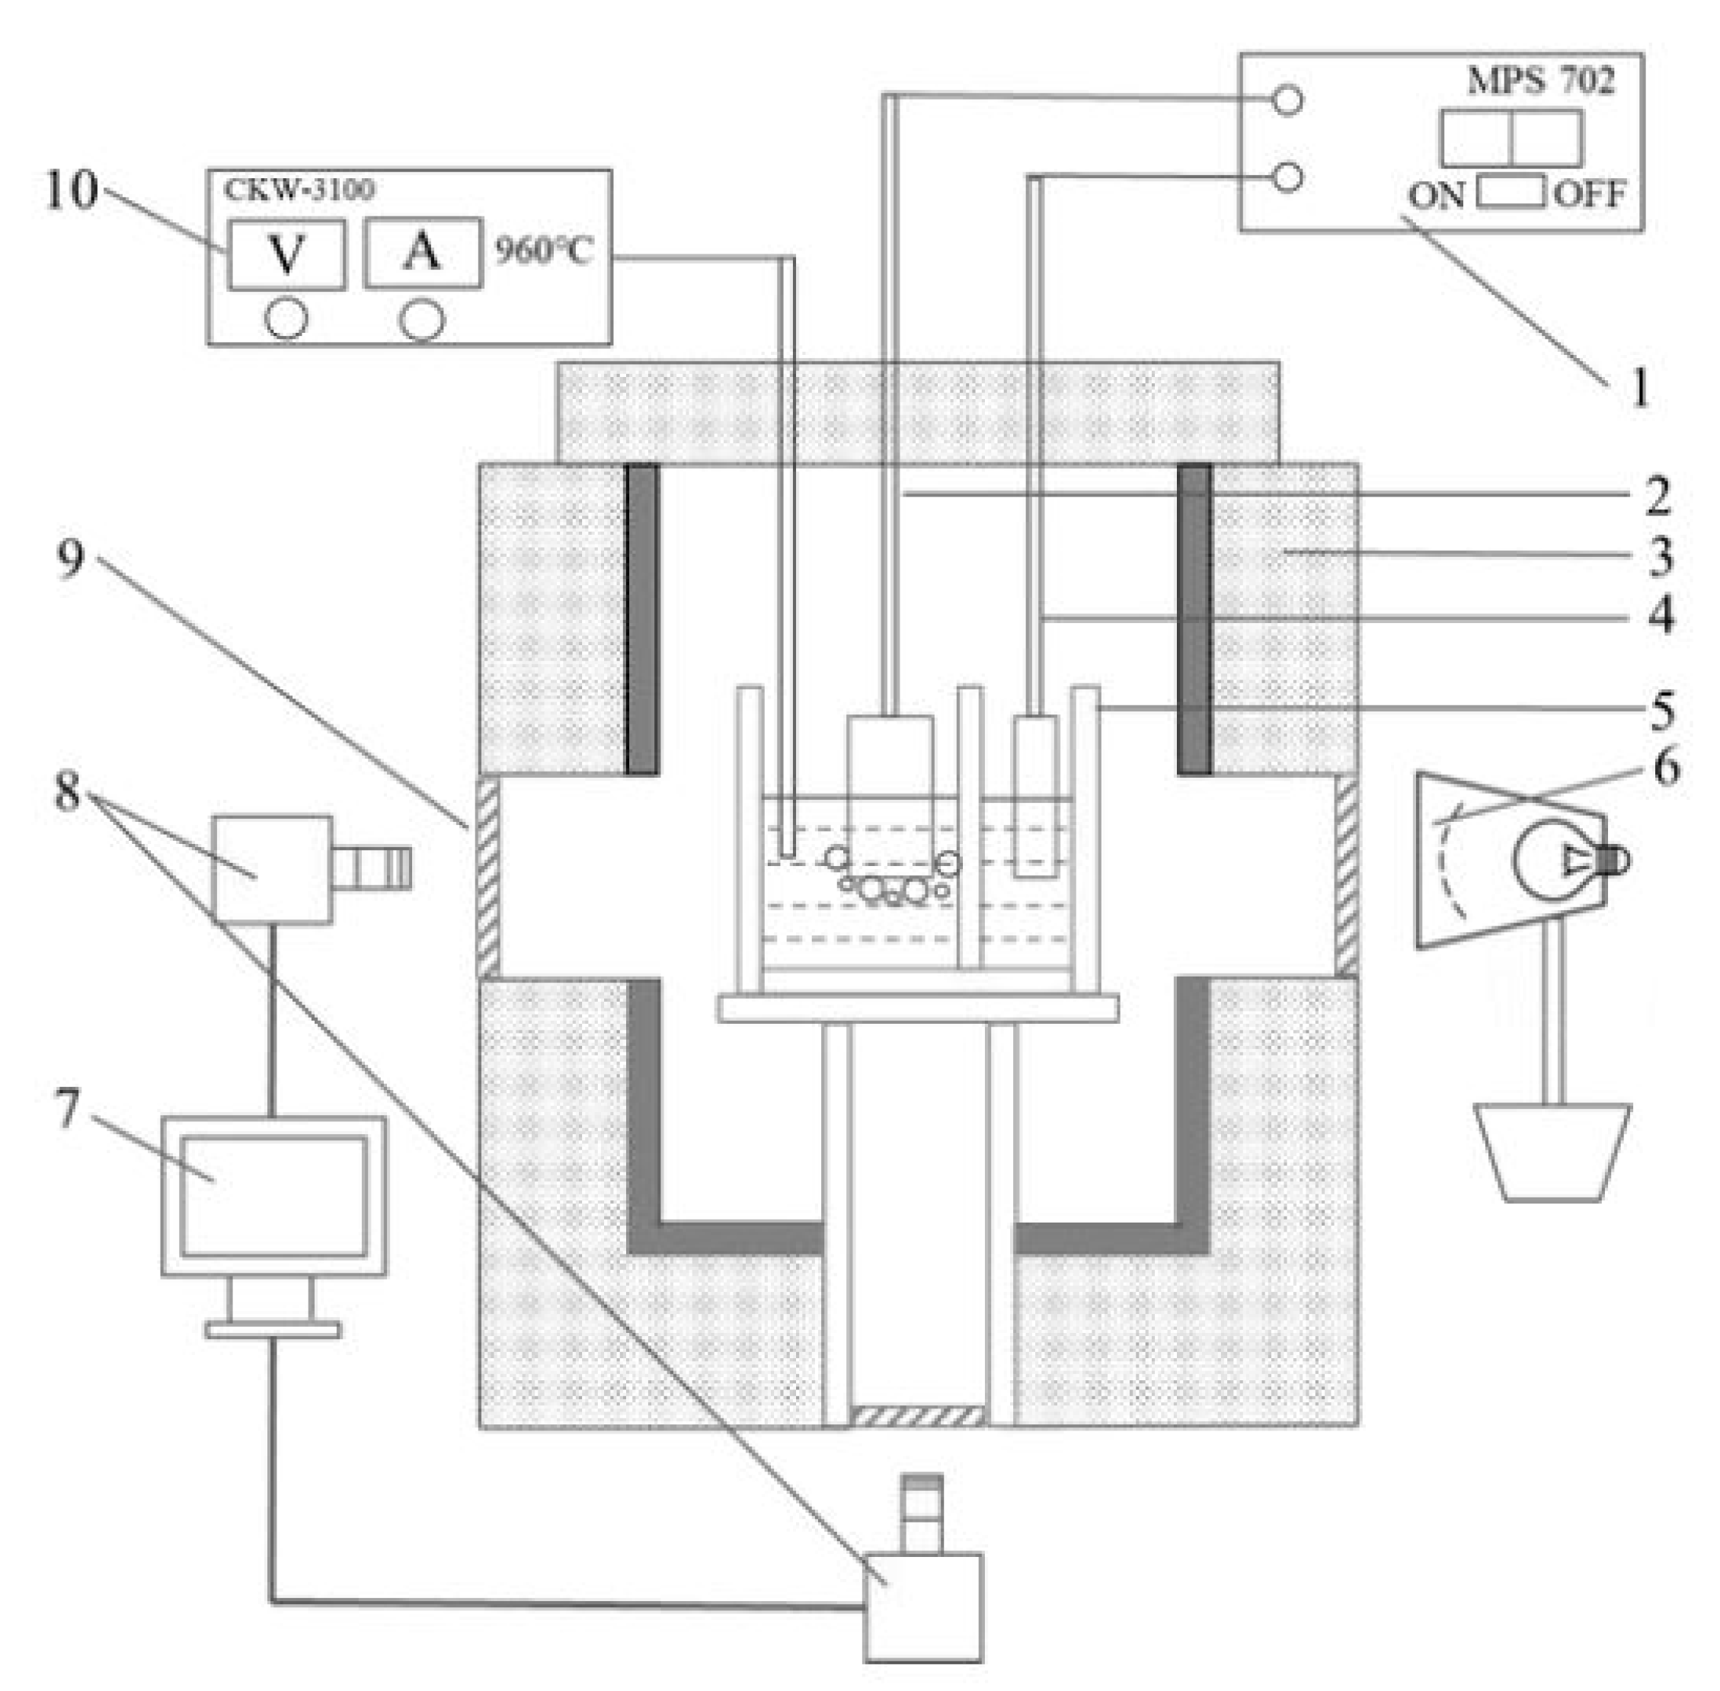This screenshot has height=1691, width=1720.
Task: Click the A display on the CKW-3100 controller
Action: (x=423, y=253)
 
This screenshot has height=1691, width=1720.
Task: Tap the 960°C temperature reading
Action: (x=543, y=251)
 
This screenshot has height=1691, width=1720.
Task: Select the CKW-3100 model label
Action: (x=299, y=189)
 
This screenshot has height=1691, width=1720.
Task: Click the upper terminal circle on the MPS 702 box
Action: (x=1287, y=100)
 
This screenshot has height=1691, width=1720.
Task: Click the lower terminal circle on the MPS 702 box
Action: (x=1287, y=177)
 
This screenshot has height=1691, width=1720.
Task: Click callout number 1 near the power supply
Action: (x=1639, y=388)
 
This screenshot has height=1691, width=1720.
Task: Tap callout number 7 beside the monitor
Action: (x=68, y=1108)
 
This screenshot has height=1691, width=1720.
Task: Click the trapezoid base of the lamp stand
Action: (x=1552, y=1152)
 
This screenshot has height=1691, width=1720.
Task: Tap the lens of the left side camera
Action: (x=373, y=868)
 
